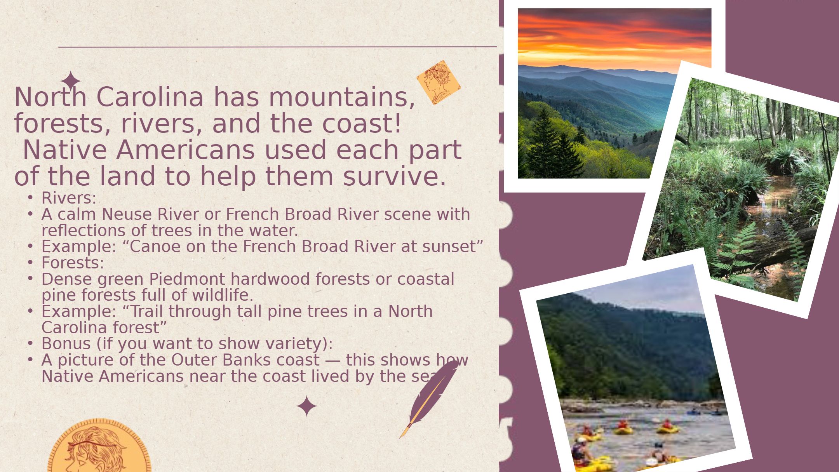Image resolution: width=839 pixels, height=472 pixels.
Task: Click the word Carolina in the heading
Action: pyautogui.click(x=150, y=97)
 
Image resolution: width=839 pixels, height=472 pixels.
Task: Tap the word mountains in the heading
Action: pyautogui.click(x=342, y=98)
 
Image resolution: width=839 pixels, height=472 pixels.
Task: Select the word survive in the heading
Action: pyautogui.click(x=394, y=176)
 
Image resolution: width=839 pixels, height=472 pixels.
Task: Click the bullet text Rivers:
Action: pyautogui.click(x=69, y=198)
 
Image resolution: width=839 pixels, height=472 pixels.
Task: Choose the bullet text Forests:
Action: pyautogui.click(x=73, y=263)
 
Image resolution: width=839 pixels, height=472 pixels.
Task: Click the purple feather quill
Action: pyautogui.click(x=428, y=399)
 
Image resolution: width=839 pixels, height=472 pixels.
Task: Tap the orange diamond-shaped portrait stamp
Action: pyautogui.click(x=439, y=82)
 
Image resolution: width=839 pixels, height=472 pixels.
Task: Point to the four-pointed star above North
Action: pyautogui.click(x=71, y=81)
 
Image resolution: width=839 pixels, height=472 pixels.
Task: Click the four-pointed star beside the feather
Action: pyautogui.click(x=306, y=406)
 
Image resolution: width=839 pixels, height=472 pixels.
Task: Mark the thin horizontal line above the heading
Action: pyautogui.click(x=277, y=47)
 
